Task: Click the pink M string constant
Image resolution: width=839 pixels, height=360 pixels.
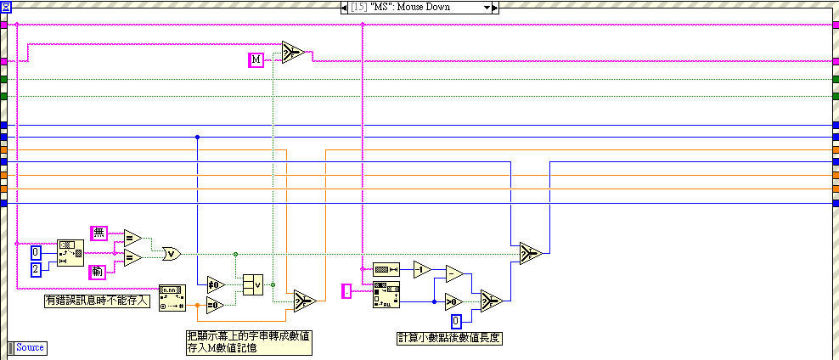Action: pos(256,59)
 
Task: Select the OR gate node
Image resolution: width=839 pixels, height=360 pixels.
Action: pos(171,252)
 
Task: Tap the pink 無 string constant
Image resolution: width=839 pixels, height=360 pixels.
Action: pos(99,232)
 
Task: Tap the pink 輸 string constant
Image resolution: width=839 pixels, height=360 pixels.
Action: pos(99,272)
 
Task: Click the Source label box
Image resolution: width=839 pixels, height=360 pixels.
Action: pos(30,347)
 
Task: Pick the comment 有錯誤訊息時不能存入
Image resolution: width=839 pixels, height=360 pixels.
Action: pos(97,300)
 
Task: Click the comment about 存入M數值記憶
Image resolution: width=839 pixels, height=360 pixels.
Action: pos(248,341)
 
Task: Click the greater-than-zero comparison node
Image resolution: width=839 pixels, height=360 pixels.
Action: pos(455,300)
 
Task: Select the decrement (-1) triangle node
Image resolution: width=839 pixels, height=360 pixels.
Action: pos(422,270)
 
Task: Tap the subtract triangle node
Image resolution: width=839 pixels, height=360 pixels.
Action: pos(455,273)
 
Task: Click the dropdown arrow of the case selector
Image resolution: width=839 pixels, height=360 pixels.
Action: pos(487,7)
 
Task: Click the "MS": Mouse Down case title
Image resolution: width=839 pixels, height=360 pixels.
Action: pos(417,7)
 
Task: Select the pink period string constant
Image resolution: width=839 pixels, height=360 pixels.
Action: pos(346,291)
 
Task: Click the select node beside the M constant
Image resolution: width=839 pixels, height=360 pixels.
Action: pos(293,53)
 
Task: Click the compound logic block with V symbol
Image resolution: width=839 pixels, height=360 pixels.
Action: pos(252,284)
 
